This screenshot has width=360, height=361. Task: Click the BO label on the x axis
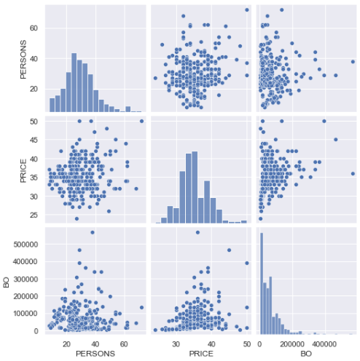click(306, 354)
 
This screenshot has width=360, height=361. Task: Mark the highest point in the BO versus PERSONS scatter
click(93, 232)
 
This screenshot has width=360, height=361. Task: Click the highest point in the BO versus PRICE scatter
click(197, 232)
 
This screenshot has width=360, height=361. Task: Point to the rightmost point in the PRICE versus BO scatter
click(353, 173)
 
